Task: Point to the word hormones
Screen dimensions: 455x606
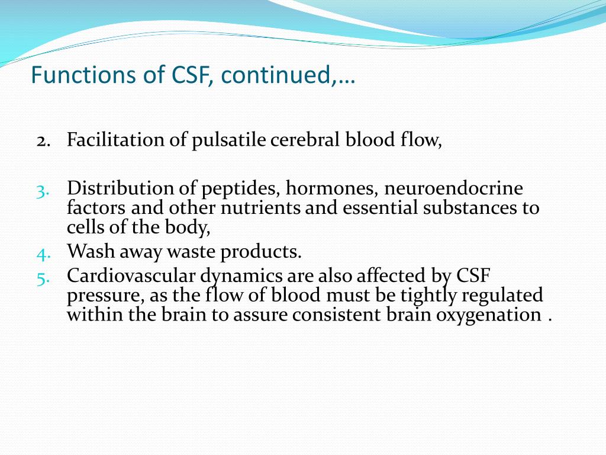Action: click(333, 189)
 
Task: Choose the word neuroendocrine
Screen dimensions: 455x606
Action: click(454, 189)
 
